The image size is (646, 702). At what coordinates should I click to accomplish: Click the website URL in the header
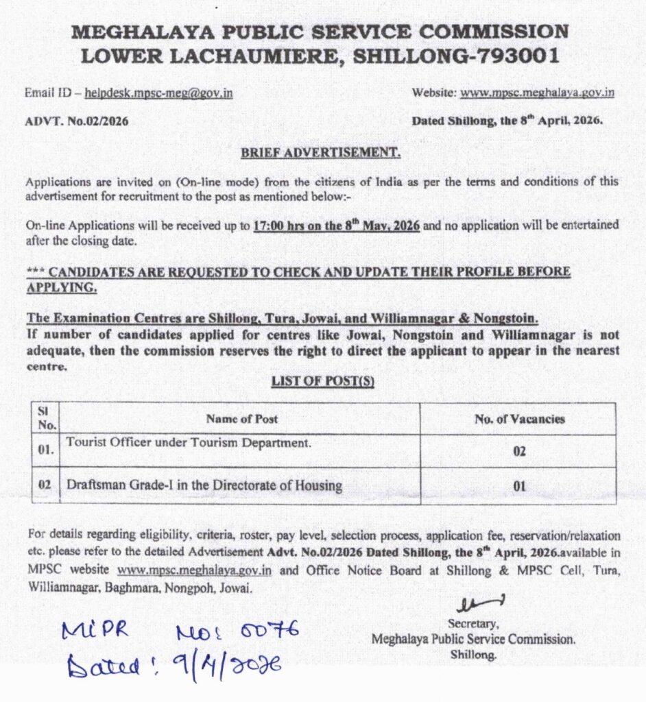pos(537,93)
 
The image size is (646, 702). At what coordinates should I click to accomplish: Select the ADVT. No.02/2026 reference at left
pos(77,121)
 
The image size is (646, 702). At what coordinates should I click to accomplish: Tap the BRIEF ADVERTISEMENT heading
pos(320,152)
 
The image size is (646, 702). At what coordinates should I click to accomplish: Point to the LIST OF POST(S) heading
pos(322,382)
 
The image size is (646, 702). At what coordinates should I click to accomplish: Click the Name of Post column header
pos(241,419)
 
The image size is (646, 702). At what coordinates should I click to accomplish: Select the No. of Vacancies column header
pos(519,419)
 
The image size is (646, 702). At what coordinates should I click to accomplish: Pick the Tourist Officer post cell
pos(189,443)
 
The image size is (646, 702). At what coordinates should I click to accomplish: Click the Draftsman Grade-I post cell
pos(204,486)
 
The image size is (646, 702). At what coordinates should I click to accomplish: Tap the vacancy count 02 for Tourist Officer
pos(519,453)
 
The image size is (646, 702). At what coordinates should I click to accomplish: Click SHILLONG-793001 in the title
pos(455,55)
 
